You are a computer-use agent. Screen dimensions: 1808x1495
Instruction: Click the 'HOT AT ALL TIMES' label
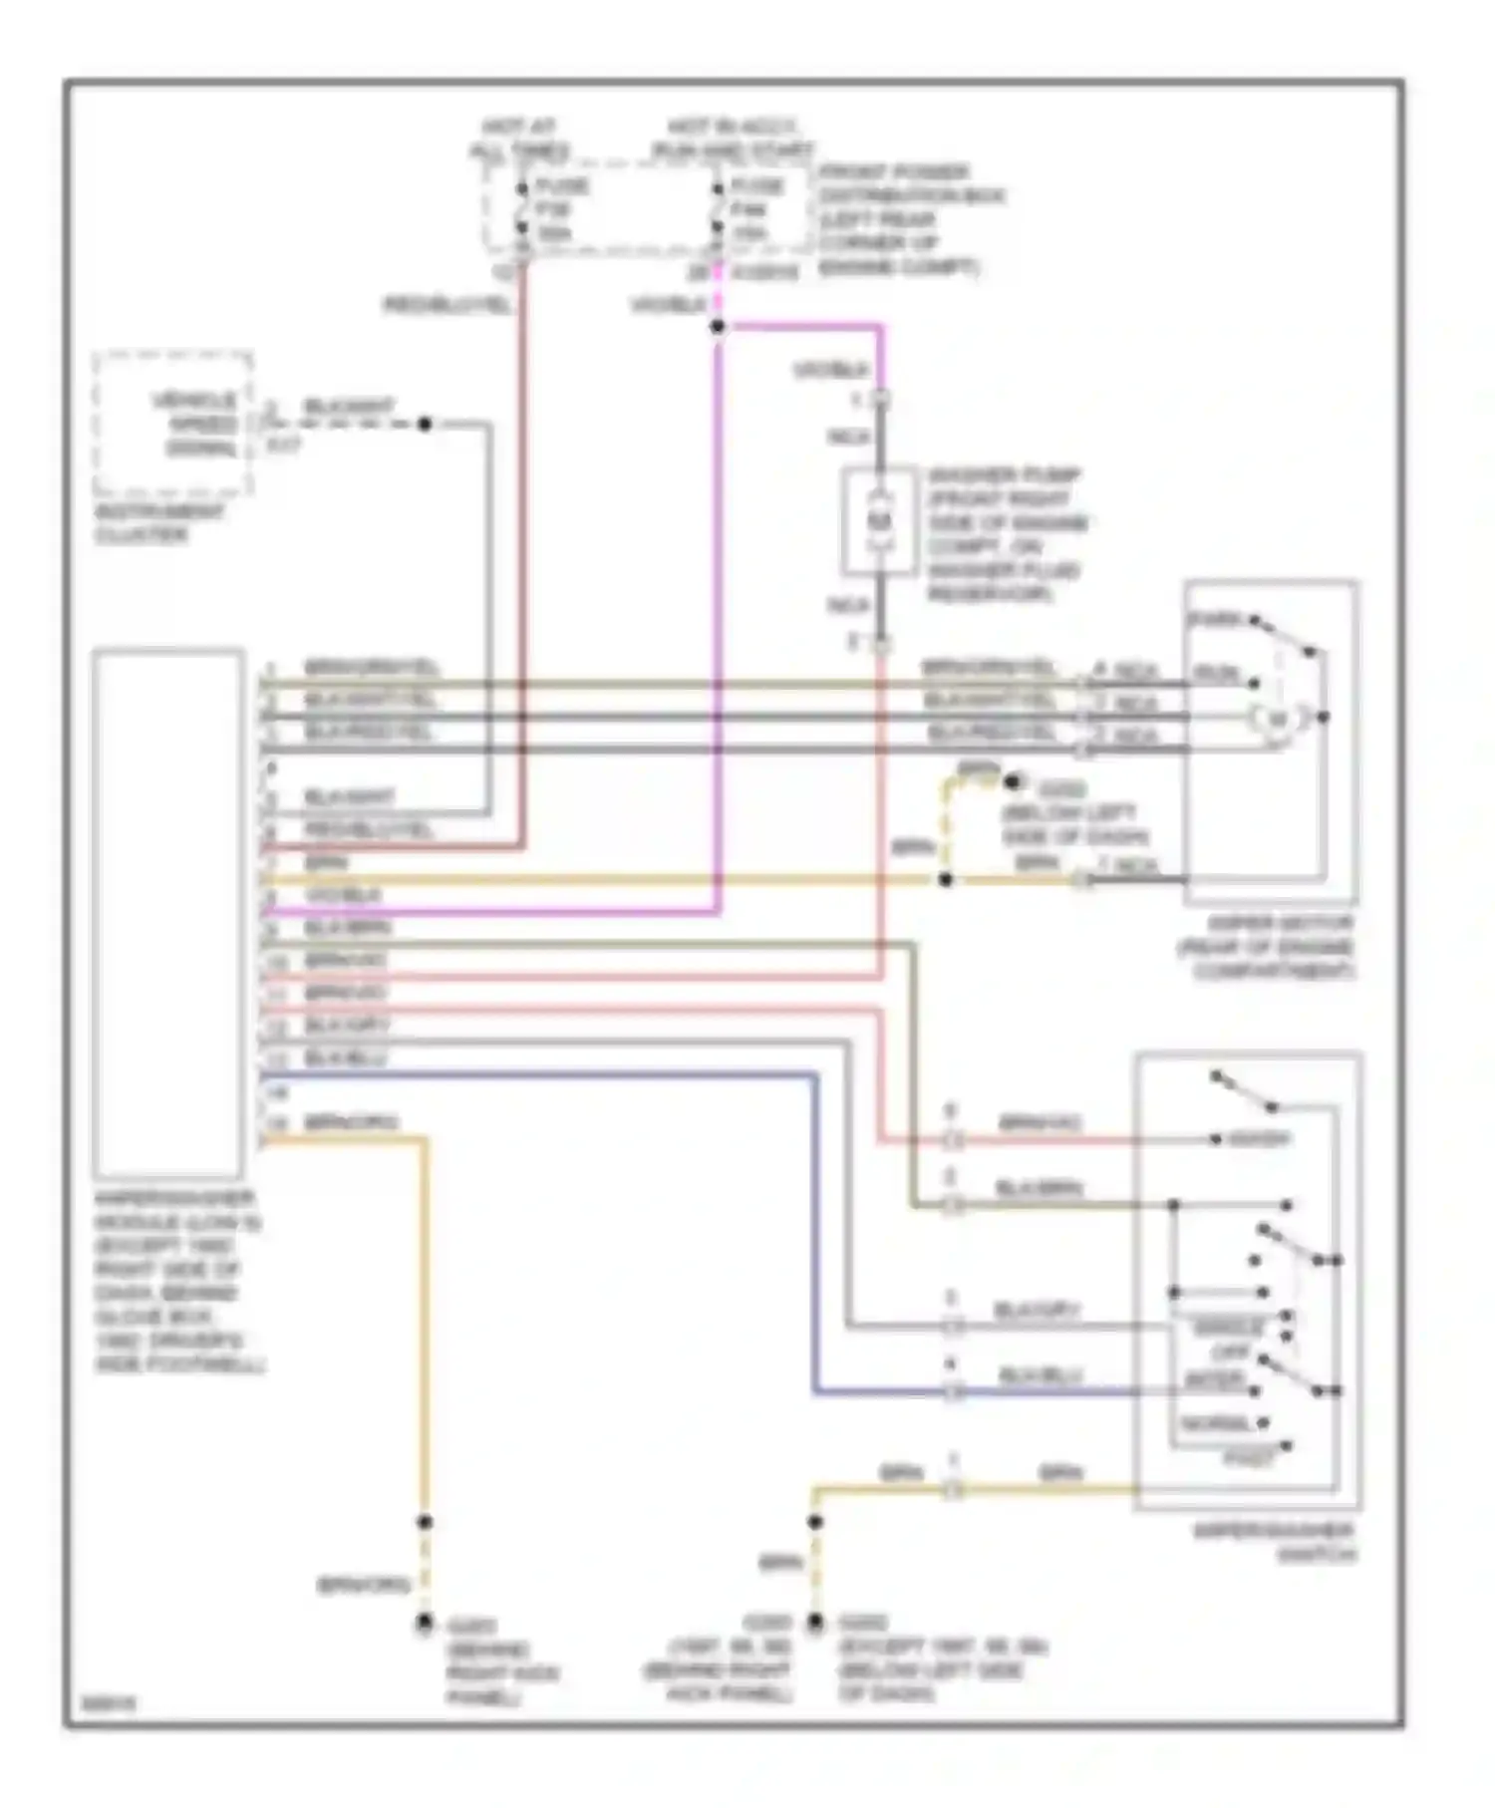pyautogui.click(x=519, y=140)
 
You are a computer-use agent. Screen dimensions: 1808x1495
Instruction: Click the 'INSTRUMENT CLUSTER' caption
pyautogui.click(x=158, y=523)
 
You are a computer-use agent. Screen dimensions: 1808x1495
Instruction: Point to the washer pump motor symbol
pyautogui.click(x=879, y=520)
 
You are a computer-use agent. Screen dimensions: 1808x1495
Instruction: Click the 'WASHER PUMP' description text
pyautogui.click(x=1007, y=534)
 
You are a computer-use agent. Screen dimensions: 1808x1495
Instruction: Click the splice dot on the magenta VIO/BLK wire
pyautogui.click(x=718, y=326)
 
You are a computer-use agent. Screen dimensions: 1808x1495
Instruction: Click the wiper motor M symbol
pyautogui.click(x=1277, y=718)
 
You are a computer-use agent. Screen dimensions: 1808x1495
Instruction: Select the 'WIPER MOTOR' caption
pyautogui.click(x=1266, y=947)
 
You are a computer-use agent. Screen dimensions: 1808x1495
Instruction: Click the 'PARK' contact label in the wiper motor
pyautogui.click(x=1216, y=620)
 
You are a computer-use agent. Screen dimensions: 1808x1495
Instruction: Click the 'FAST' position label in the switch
pyautogui.click(x=1249, y=1458)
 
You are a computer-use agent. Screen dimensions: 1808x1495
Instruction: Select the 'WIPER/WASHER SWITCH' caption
pyautogui.click(x=1275, y=1542)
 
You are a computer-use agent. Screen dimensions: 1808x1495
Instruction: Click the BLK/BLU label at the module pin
pyautogui.click(x=345, y=1057)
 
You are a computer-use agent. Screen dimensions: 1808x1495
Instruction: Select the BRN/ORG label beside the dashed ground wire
pyautogui.click(x=364, y=1584)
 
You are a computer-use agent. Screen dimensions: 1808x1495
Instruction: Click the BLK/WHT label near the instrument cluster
pyautogui.click(x=349, y=407)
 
